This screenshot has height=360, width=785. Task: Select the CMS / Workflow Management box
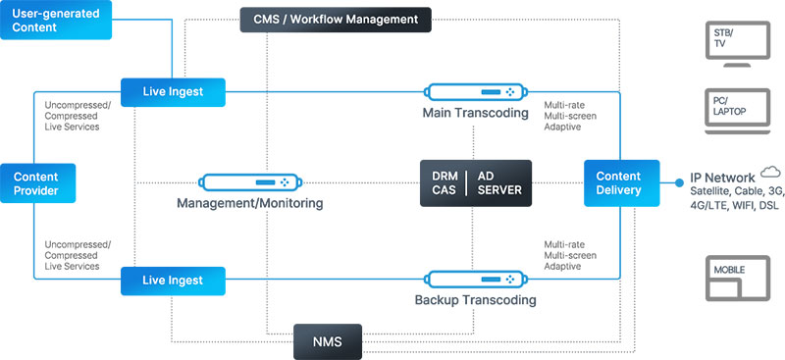click(334, 19)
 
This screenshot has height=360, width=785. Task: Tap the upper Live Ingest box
click(173, 92)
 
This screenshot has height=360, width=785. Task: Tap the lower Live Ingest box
click(173, 281)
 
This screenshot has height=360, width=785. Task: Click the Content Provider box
click(37, 183)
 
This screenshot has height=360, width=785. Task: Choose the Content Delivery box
click(619, 183)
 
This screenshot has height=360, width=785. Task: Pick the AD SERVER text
click(500, 182)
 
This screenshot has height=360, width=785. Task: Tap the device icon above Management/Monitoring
click(249, 182)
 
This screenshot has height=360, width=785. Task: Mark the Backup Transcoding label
click(476, 300)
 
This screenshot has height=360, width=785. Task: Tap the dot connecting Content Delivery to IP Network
click(678, 182)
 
